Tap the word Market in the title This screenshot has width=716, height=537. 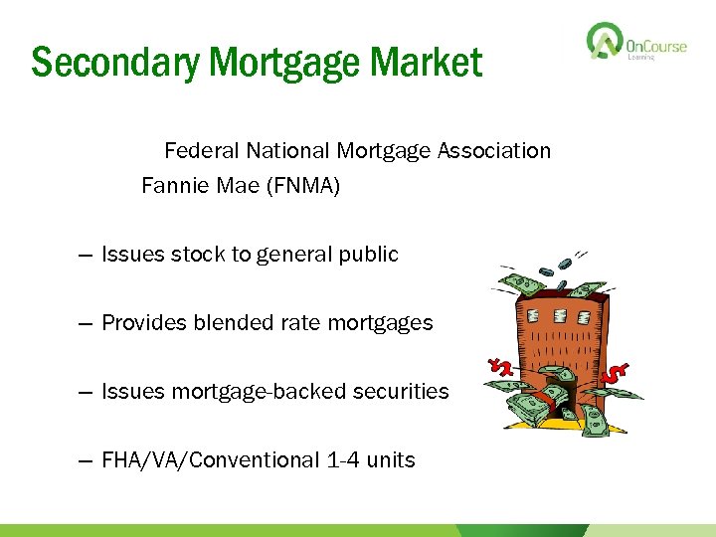click(x=427, y=63)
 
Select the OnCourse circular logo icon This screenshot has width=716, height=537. click(x=603, y=43)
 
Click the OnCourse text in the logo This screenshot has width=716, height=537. click(x=656, y=44)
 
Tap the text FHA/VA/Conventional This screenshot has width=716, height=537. click(x=211, y=460)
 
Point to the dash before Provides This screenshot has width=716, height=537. click(x=85, y=323)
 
